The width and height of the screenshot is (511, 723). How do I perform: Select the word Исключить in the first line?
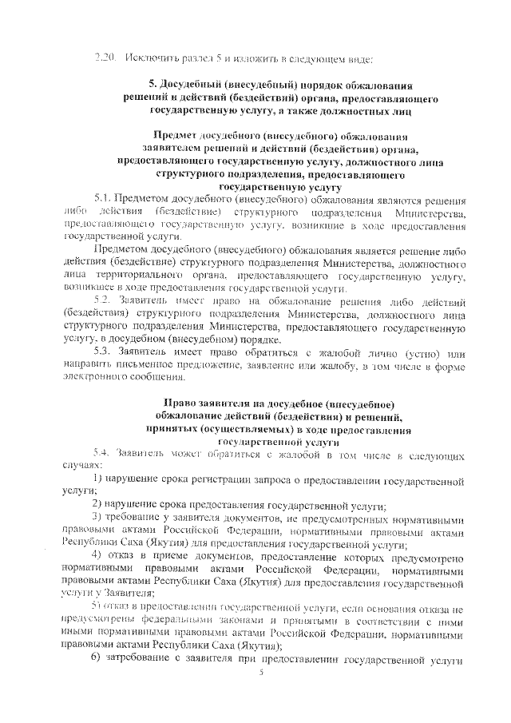pos(150,57)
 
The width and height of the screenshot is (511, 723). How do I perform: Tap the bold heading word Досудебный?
pos(198,85)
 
